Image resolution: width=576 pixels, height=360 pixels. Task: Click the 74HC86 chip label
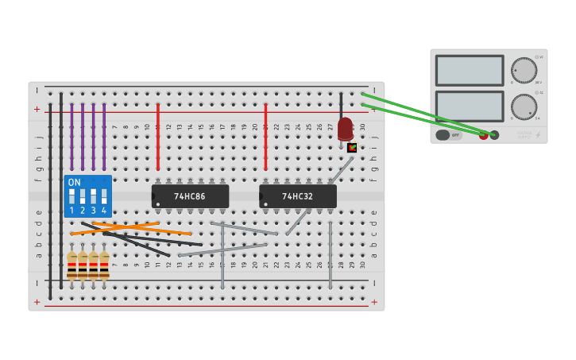click(190, 196)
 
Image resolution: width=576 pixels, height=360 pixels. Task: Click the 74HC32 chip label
click(298, 196)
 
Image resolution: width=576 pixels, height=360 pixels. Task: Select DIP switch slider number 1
click(72, 195)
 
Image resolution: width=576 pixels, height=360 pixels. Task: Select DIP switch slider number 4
click(104, 195)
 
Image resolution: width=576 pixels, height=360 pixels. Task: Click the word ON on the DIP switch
click(75, 182)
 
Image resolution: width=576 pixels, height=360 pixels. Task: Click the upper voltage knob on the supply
click(524, 70)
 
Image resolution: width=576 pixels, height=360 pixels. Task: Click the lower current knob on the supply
click(524, 106)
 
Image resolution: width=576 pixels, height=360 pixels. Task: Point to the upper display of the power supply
click(470, 70)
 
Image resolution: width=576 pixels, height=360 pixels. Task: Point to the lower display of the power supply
click(470, 106)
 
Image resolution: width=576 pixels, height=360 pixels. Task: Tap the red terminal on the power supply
click(483, 135)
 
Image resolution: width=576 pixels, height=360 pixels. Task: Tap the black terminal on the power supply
click(494, 135)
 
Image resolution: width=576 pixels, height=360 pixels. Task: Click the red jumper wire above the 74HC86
click(158, 137)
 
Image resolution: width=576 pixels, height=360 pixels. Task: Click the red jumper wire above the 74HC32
click(265, 137)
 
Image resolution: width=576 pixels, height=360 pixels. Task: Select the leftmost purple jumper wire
click(72, 126)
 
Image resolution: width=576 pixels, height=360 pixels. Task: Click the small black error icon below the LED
click(352, 148)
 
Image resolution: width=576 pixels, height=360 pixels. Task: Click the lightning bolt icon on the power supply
click(538, 135)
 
